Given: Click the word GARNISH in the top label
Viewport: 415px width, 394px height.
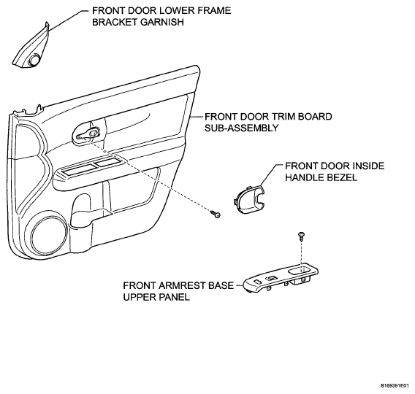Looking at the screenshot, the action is (162, 22).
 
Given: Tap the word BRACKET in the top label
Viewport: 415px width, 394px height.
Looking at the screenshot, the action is (115, 22).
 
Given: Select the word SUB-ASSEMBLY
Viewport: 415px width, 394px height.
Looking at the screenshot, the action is (242, 128).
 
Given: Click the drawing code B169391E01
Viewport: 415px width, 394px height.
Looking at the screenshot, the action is (397, 386).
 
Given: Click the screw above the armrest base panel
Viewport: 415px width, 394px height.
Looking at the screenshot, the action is (301, 236).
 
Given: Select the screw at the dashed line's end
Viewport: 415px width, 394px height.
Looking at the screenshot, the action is (216, 214).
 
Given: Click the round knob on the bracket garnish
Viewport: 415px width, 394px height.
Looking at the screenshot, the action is (34, 59).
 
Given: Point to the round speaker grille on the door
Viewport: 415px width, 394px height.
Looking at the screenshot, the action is (48, 236).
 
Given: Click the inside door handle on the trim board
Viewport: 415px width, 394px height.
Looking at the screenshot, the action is (88, 134).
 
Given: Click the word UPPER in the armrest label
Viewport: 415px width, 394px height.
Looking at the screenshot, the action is (140, 297).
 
